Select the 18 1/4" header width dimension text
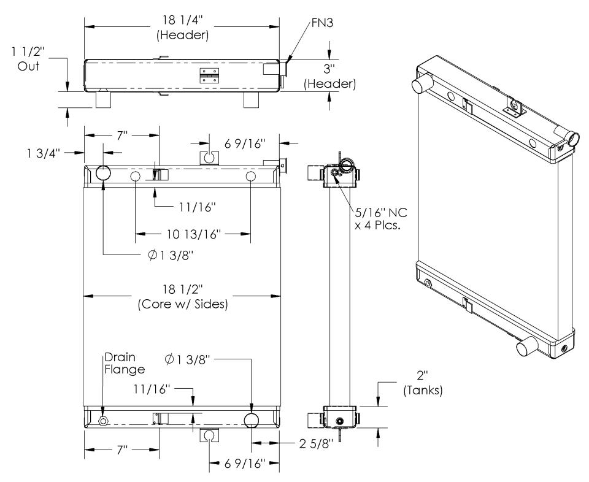183,26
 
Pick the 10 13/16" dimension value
192,234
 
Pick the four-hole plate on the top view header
209,74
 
